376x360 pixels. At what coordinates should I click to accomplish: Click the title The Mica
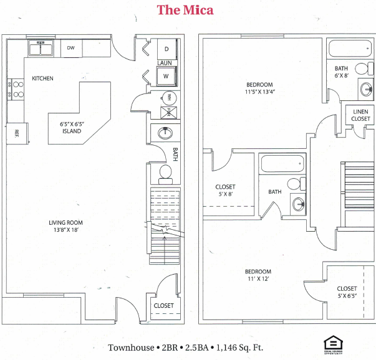coord(185,9)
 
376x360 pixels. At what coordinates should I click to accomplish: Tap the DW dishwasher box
coord(72,48)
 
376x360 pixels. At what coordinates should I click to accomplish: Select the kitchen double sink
coord(41,48)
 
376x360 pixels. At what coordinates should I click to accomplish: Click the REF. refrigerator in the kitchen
coord(17,132)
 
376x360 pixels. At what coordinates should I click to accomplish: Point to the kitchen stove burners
coord(17,90)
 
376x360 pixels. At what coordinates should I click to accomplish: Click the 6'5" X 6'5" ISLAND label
coord(72,128)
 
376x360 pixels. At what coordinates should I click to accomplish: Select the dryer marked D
coord(166,49)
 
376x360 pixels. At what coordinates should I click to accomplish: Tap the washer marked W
coord(166,76)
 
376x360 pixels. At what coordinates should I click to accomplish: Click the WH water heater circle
coord(167,97)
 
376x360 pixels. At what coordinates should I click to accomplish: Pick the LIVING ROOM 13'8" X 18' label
coord(66,226)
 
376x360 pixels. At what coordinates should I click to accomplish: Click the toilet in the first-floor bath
coord(166,173)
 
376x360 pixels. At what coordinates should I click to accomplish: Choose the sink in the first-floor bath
coord(166,133)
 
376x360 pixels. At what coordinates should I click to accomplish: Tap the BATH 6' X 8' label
coord(341,72)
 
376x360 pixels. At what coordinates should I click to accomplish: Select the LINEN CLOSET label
coord(360,115)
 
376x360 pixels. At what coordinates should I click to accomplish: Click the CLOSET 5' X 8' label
coord(225,190)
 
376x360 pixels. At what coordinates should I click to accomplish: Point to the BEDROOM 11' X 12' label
coord(258,275)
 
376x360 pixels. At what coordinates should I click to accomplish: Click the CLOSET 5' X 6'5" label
coord(347,292)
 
